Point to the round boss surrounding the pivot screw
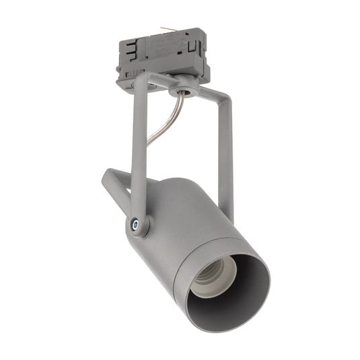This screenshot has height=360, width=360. point(138,227)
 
